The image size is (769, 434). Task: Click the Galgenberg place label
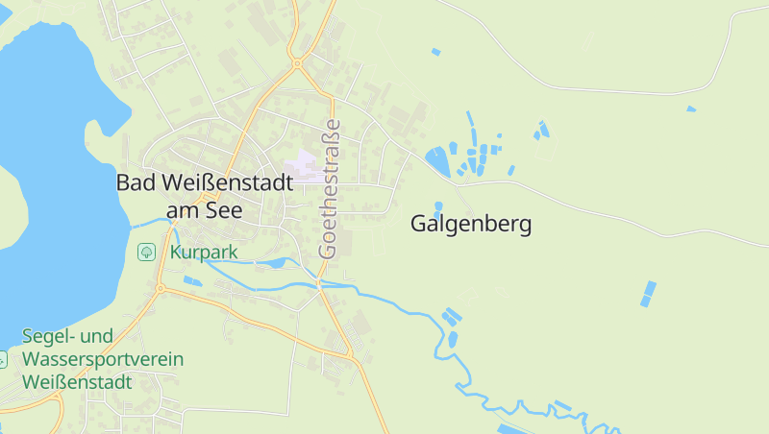(471, 225)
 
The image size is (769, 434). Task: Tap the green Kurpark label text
(204, 253)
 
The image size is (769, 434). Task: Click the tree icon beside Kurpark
(147, 252)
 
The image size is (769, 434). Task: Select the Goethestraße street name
(330, 188)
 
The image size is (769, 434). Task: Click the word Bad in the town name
(135, 181)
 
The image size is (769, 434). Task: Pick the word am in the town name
(182, 210)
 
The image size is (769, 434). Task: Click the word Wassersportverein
(103, 359)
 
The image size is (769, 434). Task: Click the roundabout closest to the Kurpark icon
(161, 288)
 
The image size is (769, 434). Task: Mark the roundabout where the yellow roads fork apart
(298, 63)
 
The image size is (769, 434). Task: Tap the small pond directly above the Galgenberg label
(438, 206)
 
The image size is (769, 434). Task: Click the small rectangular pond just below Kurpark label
(192, 281)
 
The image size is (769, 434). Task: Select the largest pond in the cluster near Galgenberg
(439, 158)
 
